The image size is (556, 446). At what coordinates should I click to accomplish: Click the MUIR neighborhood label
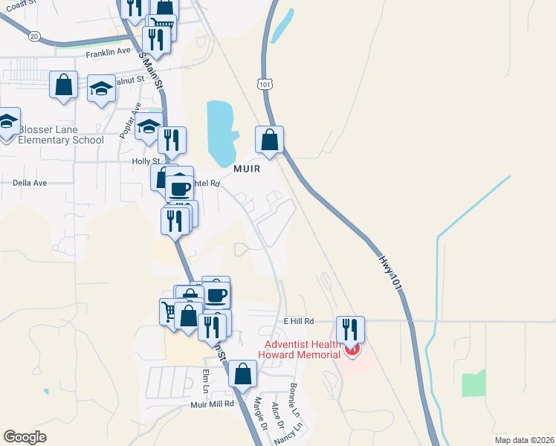tap(247, 169)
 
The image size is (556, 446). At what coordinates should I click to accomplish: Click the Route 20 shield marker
tap(34, 35)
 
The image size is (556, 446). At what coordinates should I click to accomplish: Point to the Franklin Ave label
tap(108, 54)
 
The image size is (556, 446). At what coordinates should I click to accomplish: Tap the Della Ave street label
tap(30, 182)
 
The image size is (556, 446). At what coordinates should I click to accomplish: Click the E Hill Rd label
tap(300, 321)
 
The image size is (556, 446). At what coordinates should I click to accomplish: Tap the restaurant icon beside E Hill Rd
tap(349, 329)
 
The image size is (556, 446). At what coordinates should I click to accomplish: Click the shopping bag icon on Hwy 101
tap(269, 139)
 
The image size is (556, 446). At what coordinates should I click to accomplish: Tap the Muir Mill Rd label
tap(212, 404)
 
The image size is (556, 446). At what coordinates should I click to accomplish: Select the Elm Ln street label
tap(206, 381)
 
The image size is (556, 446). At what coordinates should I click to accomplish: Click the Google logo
tap(25, 437)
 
